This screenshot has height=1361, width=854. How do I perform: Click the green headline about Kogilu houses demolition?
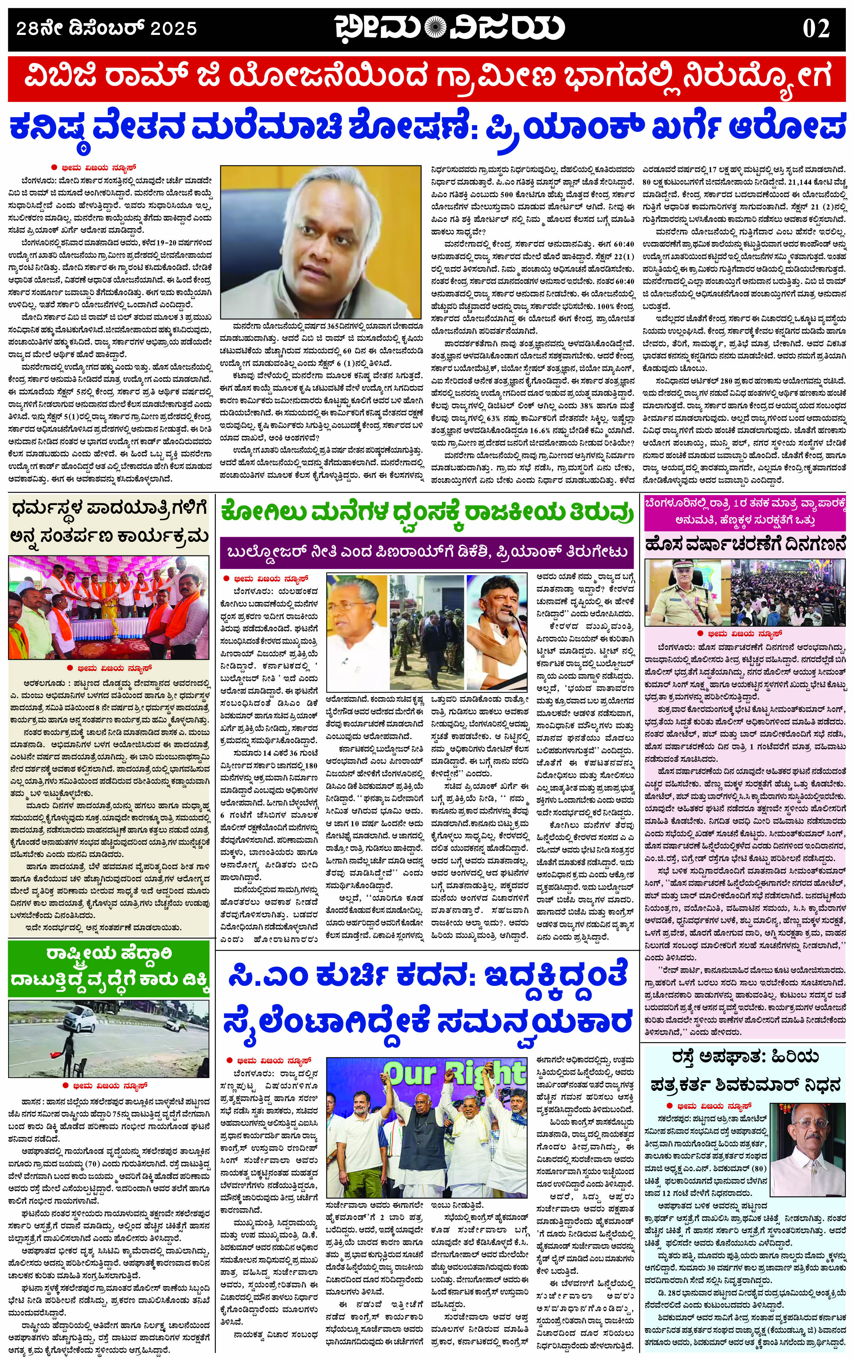tap(427, 514)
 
